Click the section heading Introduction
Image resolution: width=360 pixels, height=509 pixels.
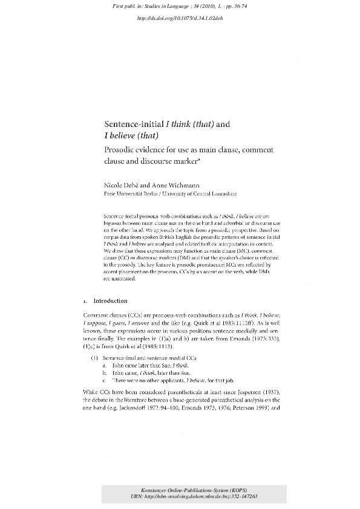pos(110,300)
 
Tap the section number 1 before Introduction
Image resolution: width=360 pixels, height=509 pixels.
pos(86,300)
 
